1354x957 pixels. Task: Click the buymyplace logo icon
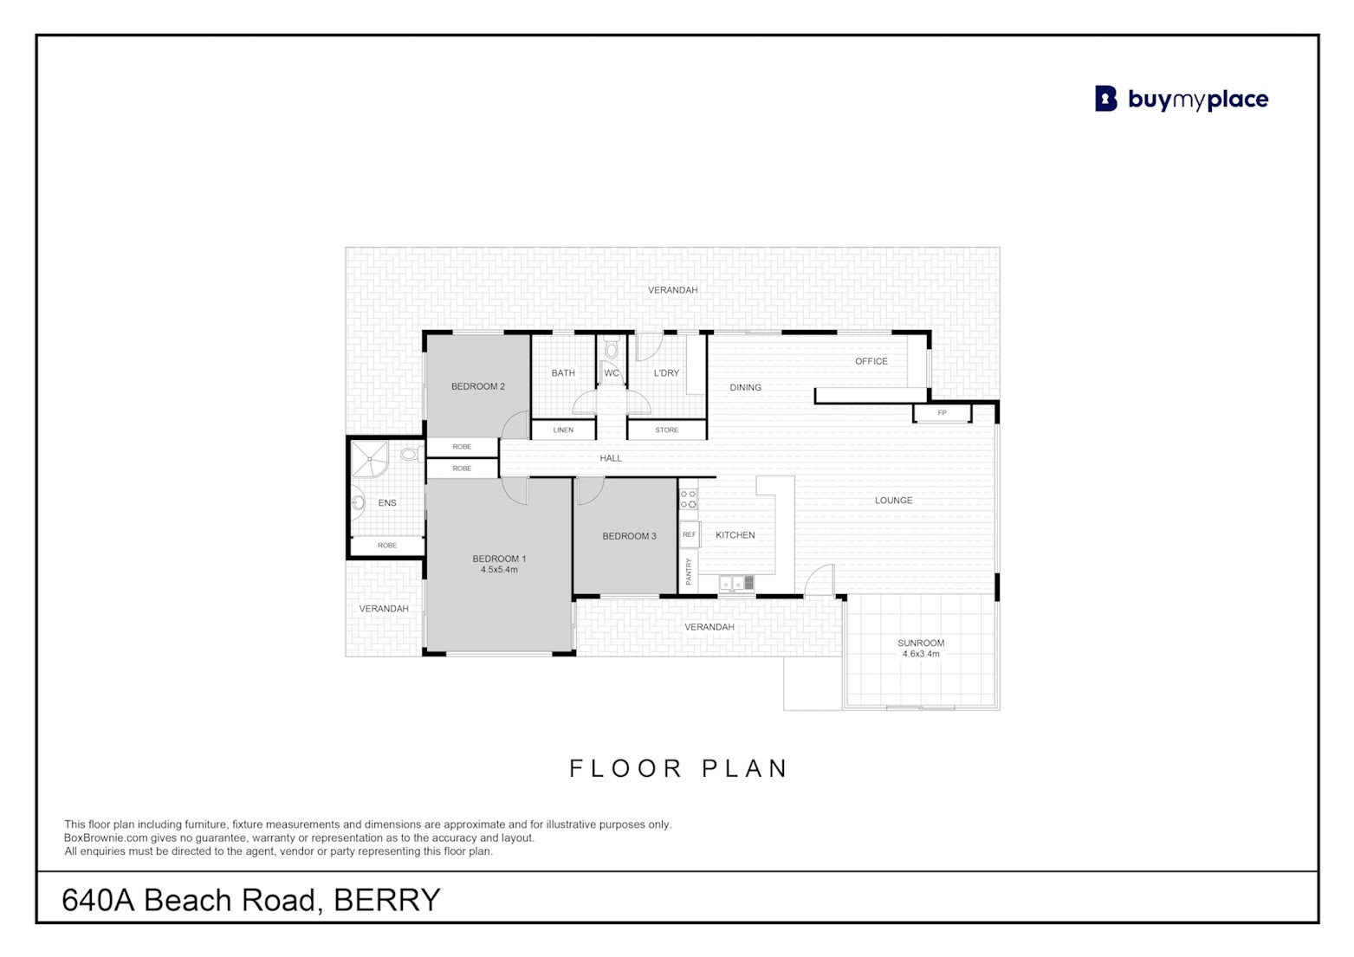pyautogui.click(x=1105, y=99)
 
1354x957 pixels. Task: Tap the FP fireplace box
pyautogui.click(x=942, y=413)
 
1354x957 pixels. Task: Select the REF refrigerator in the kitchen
pyautogui.click(x=689, y=534)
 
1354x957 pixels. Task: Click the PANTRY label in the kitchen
pyautogui.click(x=688, y=571)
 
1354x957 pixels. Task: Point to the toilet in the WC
pyautogui.click(x=612, y=349)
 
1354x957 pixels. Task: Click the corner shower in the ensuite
pyautogui.click(x=370, y=459)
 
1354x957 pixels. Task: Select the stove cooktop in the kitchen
pyautogui.click(x=689, y=500)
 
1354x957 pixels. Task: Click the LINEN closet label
pyautogui.click(x=563, y=430)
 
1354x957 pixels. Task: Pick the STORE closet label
pyautogui.click(x=667, y=430)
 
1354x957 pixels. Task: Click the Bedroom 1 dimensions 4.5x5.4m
pyautogui.click(x=499, y=570)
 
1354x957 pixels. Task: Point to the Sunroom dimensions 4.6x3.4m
pyautogui.click(x=921, y=654)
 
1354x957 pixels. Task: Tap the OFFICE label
pyautogui.click(x=871, y=361)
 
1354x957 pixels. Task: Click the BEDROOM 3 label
pyautogui.click(x=629, y=536)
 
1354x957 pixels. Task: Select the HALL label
pyautogui.click(x=611, y=458)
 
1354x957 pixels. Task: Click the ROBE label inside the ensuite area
pyautogui.click(x=387, y=546)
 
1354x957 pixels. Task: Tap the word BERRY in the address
pyautogui.click(x=387, y=900)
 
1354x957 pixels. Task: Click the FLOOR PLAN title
pyautogui.click(x=678, y=768)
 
